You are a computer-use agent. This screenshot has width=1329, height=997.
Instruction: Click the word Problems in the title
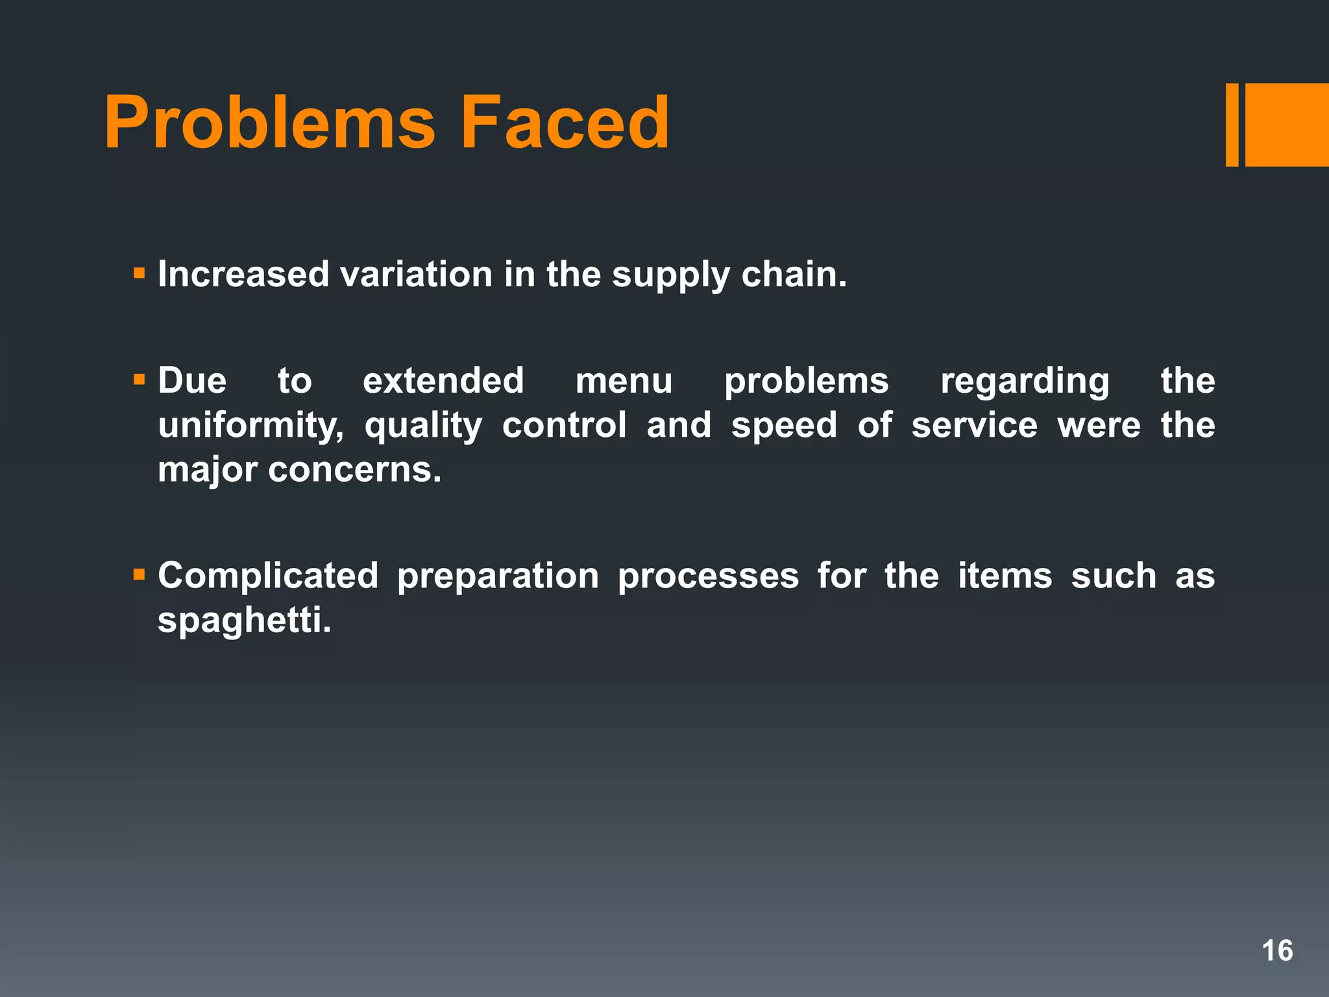pyautogui.click(x=269, y=123)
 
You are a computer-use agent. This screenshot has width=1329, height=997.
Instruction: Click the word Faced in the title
pyautogui.click(x=564, y=123)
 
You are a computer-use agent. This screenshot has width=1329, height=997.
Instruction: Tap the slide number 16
pyautogui.click(x=1277, y=951)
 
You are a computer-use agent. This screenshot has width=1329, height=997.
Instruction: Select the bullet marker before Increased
pyautogui.click(x=139, y=273)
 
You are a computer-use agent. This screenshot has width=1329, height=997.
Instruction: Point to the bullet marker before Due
pyautogui.click(x=139, y=379)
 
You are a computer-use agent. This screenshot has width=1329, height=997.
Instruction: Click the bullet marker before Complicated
pyautogui.click(x=139, y=574)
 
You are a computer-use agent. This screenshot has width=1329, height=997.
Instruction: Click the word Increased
pyautogui.click(x=243, y=274)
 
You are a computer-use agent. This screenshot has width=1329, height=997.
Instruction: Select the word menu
pyautogui.click(x=624, y=381)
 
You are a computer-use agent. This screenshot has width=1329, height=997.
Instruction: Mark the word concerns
pyautogui.click(x=354, y=470)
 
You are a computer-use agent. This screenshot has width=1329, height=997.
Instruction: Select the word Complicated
pyautogui.click(x=268, y=576)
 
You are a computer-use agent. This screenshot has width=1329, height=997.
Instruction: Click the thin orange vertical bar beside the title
pyautogui.click(x=1232, y=125)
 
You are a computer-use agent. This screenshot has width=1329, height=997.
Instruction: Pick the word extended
pyautogui.click(x=443, y=381)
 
